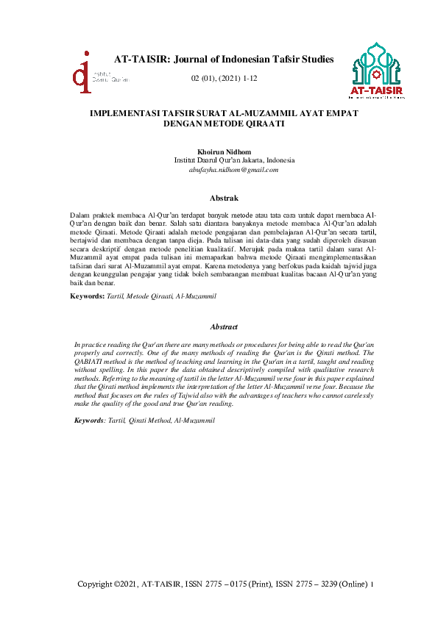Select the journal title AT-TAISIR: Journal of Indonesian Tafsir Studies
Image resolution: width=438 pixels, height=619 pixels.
pos(224,59)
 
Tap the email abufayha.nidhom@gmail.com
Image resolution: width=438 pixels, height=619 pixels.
pos(233,169)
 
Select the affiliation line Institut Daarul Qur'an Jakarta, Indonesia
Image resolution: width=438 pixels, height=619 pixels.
pos(234,160)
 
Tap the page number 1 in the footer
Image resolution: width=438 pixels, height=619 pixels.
pos(373,584)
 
